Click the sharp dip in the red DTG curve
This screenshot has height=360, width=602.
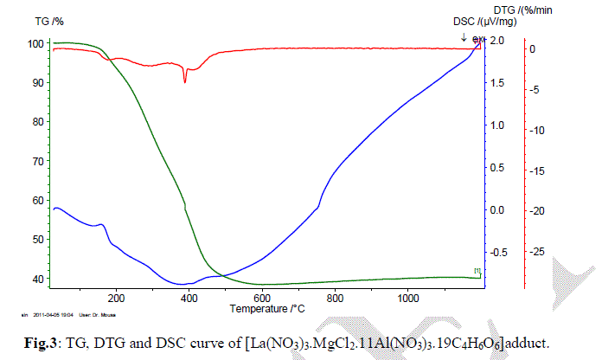[x=185, y=80]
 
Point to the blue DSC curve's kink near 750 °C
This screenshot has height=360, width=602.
[x=318, y=206]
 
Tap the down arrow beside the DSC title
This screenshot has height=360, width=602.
[x=464, y=37]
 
